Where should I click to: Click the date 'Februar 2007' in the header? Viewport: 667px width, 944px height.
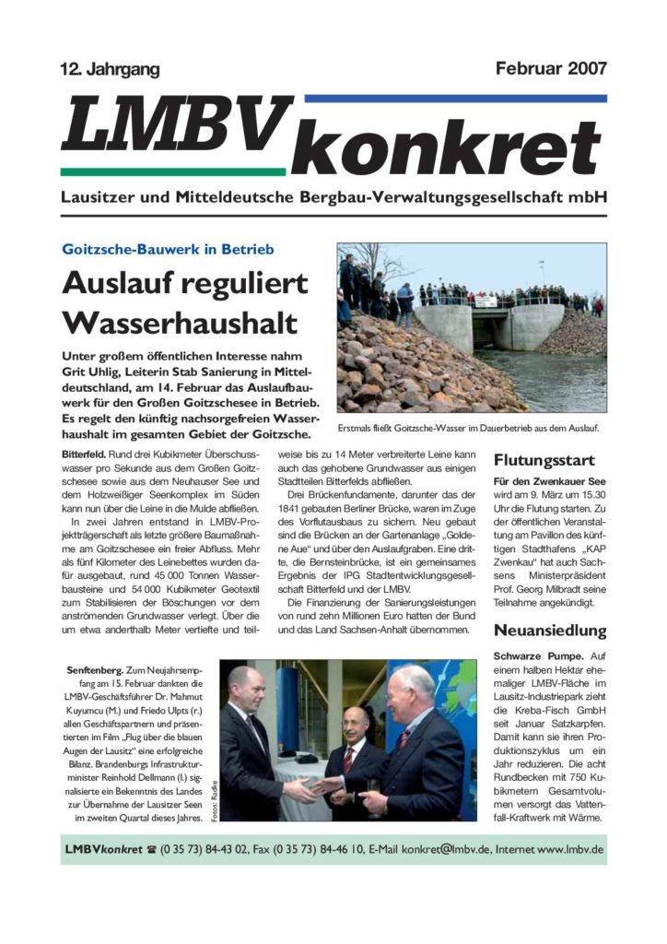click(550, 69)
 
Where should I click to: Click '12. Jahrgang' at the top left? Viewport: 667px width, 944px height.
click(110, 69)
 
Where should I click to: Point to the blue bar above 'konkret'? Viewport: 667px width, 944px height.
click(455, 98)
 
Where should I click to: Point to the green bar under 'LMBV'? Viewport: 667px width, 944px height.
click(173, 171)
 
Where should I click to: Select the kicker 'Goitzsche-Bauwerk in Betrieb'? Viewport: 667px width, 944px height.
click(168, 249)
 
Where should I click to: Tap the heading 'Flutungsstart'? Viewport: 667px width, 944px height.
click(544, 459)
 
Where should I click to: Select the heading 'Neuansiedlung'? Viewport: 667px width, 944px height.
click(550, 631)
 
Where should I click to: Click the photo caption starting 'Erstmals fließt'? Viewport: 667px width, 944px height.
click(469, 428)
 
